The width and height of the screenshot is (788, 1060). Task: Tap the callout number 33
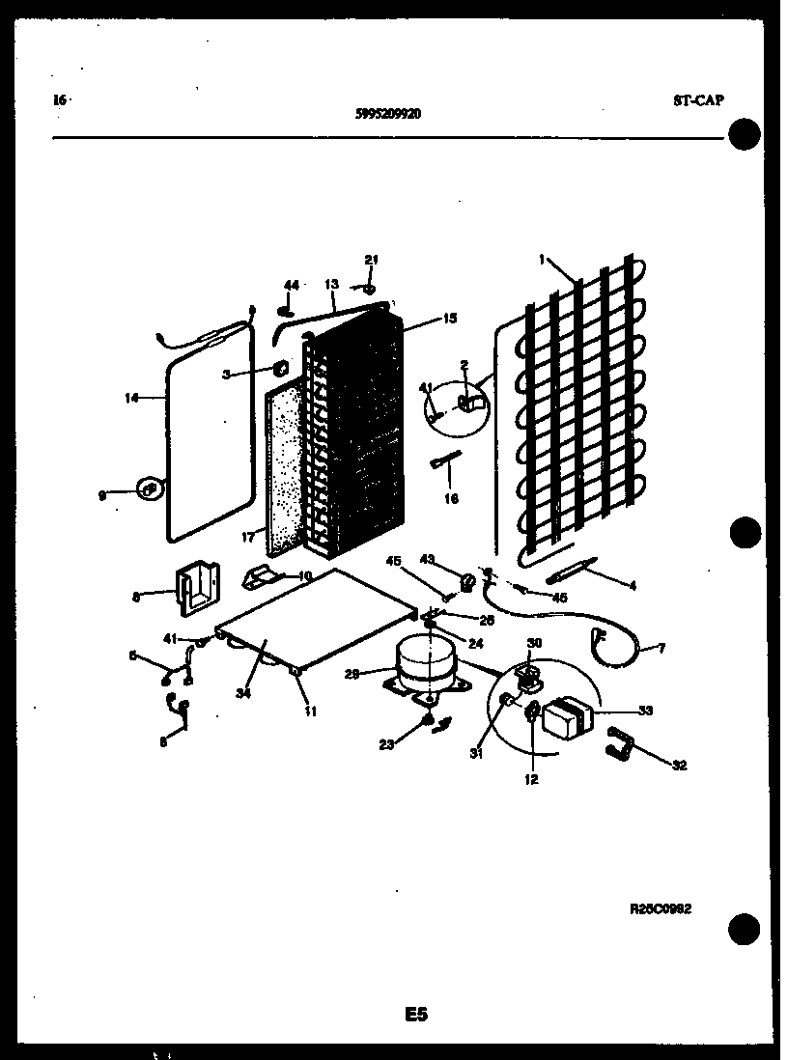coord(645,711)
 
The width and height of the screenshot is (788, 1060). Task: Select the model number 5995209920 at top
coord(387,113)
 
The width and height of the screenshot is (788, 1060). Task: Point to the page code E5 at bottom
coord(415,1014)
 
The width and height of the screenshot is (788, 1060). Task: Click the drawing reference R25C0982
coord(661,908)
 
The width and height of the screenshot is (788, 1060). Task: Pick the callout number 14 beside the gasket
coord(132,397)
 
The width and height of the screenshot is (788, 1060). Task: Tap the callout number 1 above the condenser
coord(543,259)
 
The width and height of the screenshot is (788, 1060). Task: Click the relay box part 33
coord(567,719)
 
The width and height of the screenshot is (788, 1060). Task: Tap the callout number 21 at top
coord(372,259)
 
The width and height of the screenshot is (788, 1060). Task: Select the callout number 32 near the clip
coord(679,766)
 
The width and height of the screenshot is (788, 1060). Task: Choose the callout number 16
coord(451,499)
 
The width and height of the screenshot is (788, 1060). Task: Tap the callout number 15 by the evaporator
coord(450,317)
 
